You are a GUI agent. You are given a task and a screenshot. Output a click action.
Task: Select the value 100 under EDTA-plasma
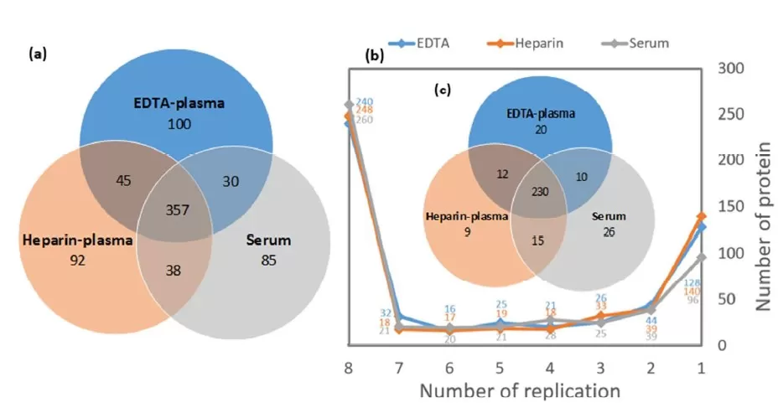point(179,125)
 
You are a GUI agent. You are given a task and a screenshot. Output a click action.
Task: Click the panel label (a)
point(38,53)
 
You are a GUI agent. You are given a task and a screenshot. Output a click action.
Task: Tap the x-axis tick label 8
point(347,368)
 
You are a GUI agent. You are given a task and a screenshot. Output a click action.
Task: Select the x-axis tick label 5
point(501,368)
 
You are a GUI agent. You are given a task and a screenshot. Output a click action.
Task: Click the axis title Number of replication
point(520,390)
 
